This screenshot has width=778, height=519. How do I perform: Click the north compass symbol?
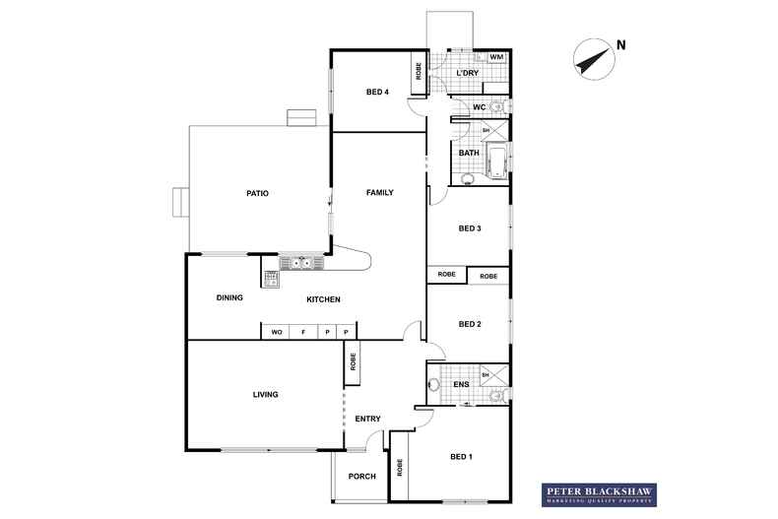pos(595,59)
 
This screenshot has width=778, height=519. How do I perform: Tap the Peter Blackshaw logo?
pos(599,494)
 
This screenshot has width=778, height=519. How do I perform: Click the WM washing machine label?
pos(496,57)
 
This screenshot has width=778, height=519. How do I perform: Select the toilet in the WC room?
pos(498,106)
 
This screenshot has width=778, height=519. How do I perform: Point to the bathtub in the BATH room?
pos(496,162)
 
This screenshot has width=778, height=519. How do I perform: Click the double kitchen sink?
pos(301,263)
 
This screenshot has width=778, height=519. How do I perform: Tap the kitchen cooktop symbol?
pos(271,279)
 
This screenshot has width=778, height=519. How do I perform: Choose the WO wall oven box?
pos(276,332)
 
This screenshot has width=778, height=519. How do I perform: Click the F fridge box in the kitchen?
pos(303,332)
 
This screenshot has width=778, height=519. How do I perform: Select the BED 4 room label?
pos(377,92)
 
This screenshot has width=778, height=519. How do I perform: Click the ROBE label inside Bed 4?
pos(419,72)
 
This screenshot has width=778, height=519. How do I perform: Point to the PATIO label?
pos(257,193)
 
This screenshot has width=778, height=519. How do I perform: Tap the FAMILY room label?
pos(379,192)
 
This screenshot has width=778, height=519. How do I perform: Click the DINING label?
pos(229,297)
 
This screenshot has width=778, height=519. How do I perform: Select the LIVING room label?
pos(266,395)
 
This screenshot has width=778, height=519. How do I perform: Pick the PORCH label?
pos(362,477)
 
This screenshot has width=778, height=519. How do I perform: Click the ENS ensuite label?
pos(461,384)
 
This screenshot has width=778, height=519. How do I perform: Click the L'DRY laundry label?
pos(468,73)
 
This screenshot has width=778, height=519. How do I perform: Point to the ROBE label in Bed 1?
pos(400,468)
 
